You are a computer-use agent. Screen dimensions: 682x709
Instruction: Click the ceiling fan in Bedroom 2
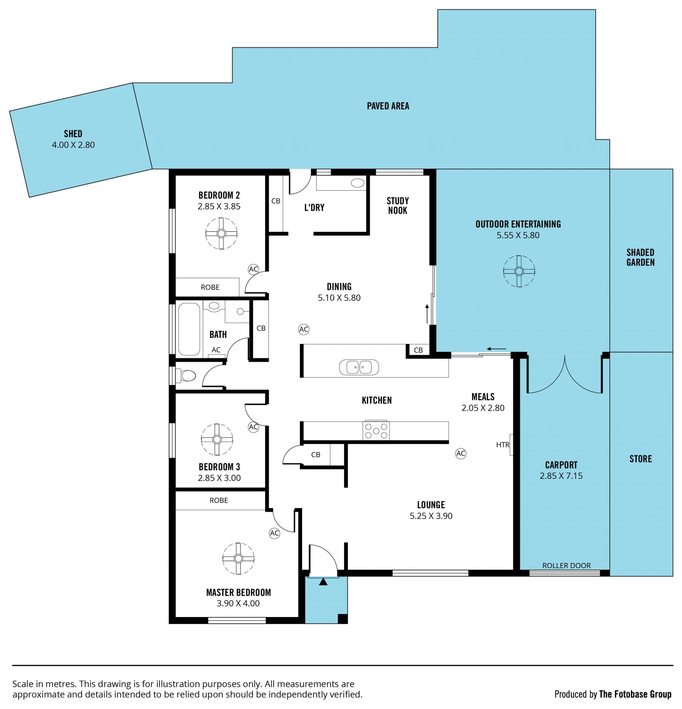coord(221,233)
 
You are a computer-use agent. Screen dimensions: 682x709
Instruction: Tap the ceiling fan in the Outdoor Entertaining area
coord(519,271)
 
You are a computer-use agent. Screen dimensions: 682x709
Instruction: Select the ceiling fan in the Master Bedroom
coord(238,558)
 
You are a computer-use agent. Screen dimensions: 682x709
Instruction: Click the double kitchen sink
coord(359,367)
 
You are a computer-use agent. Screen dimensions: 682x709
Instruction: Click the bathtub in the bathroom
coord(189,329)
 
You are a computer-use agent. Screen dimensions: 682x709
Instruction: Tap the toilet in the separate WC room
coord(185,375)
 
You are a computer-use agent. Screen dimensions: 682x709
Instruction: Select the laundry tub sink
coord(358,183)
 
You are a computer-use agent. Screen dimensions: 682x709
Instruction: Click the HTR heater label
coord(503,445)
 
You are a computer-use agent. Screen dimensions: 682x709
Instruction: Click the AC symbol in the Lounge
coord(461,453)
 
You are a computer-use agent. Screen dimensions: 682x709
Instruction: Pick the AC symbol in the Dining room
coord(304,329)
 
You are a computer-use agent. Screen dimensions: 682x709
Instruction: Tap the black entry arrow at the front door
coord(323,582)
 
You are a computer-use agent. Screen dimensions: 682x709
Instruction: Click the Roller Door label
coord(566,565)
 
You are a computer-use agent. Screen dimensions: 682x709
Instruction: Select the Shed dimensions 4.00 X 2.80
coord(73,145)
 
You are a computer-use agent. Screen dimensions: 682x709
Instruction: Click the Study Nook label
coord(397,205)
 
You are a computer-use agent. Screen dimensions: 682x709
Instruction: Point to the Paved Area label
coord(388,106)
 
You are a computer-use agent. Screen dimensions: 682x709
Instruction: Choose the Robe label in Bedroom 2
coord(210,287)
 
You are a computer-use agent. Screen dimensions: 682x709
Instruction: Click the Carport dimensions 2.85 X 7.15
coord(561,476)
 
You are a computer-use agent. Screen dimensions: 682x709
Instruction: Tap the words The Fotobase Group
coord(635,694)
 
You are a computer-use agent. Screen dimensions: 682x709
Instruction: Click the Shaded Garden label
coord(640,257)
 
